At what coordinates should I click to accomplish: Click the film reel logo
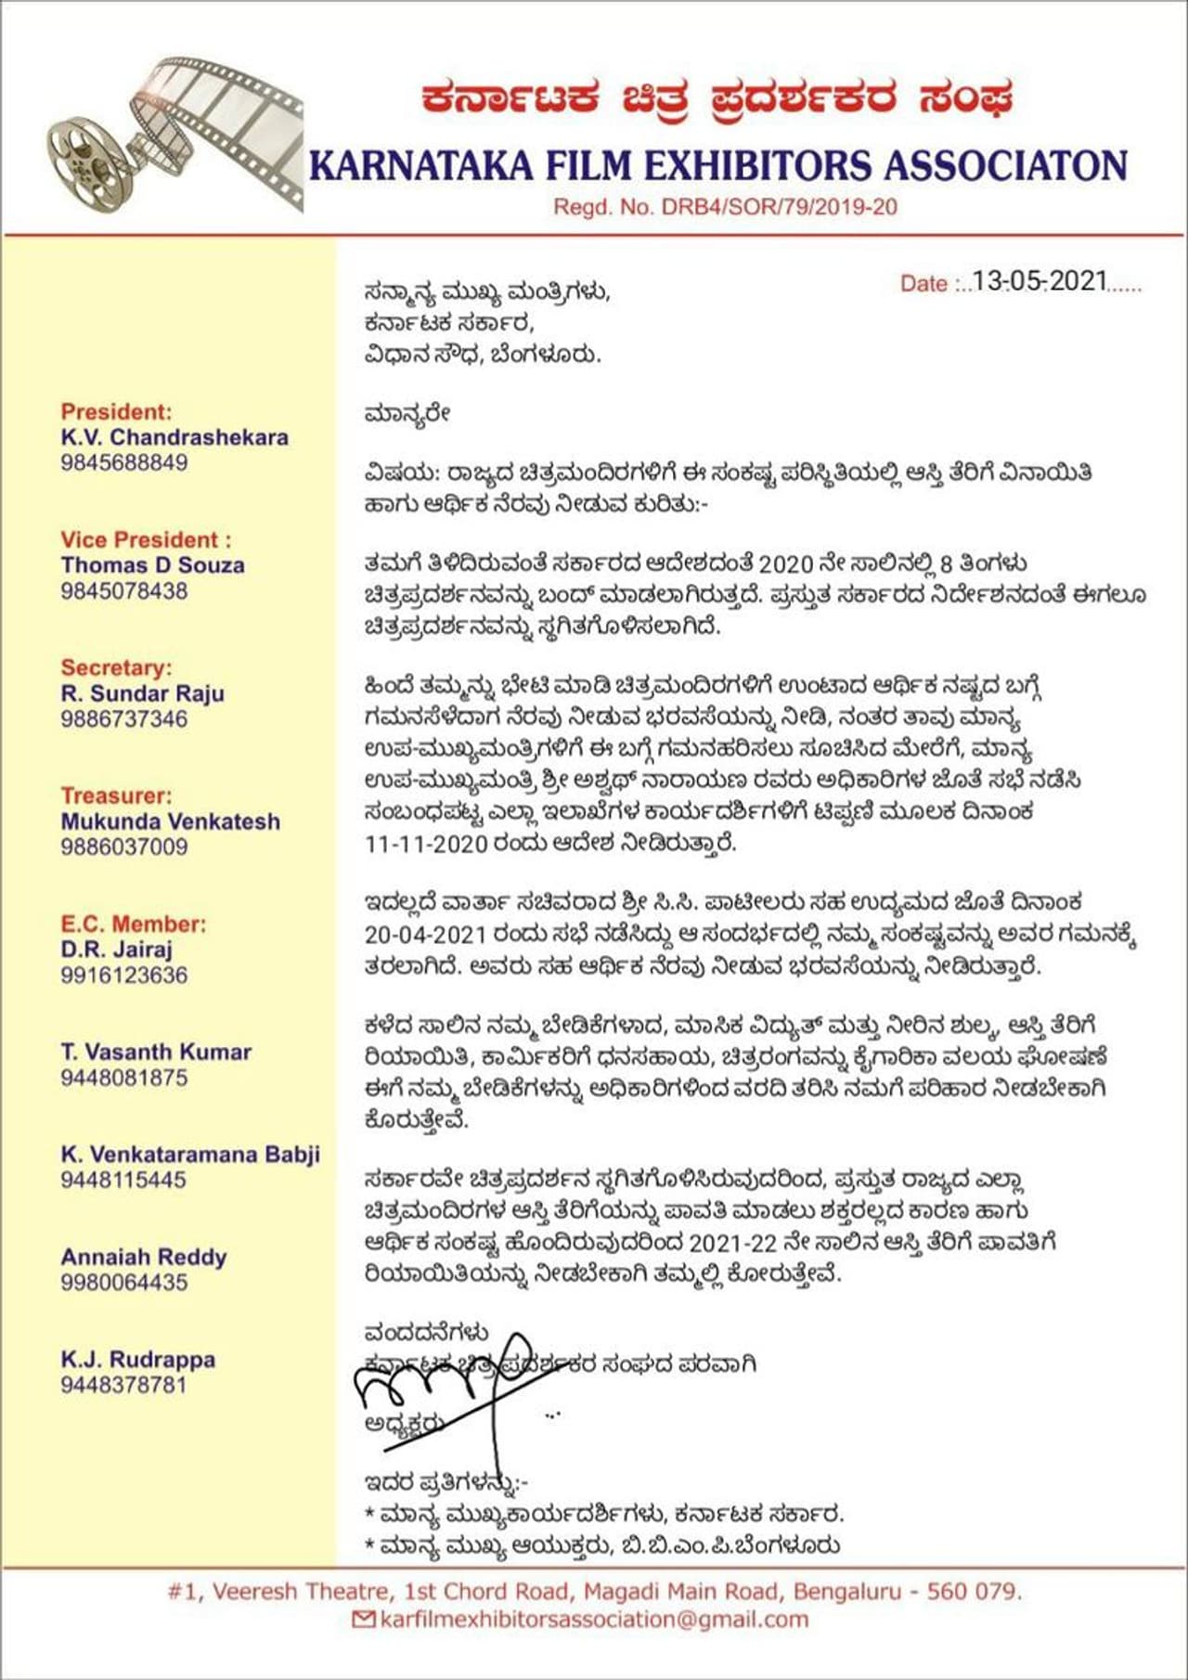click(x=176, y=136)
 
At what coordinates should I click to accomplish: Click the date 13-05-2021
click(x=1039, y=281)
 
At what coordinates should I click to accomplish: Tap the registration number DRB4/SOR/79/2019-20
click(x=779, y=207)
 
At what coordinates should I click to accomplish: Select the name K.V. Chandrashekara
click(x=174, y=437)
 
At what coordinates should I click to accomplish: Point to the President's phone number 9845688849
click(x=124, y=462)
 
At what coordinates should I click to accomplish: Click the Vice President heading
click(x=146, y=540)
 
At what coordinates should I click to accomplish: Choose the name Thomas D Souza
click(x=153, y=565)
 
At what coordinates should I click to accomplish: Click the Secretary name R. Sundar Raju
click(x=142, y=693)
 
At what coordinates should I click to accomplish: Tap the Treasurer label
click(x=116, y=795)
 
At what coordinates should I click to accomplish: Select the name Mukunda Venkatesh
click(x=170, y=821)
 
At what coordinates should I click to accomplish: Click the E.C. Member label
click(x=134, y=924)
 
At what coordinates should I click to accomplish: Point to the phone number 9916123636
click(x=124, y=976)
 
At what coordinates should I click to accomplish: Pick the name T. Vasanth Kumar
click(x=156, y=1053)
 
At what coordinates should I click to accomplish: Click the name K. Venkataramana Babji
click(x=190, y=1155)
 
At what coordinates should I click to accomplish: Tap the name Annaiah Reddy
click(x=144, y=1258)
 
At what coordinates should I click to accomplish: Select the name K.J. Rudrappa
click(x=138, y=1360)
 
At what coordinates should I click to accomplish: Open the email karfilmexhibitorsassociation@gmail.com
click(x=594, y=1620)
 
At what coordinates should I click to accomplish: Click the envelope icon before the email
click(x=365, y=1620)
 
